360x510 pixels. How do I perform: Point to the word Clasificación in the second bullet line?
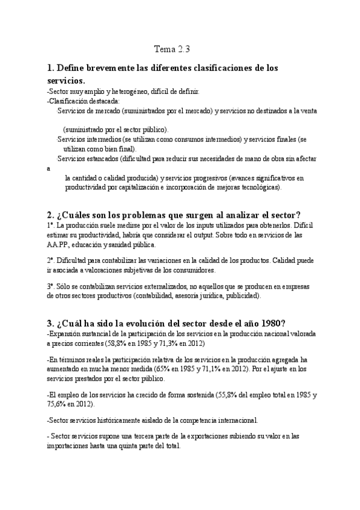click(69, 101)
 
